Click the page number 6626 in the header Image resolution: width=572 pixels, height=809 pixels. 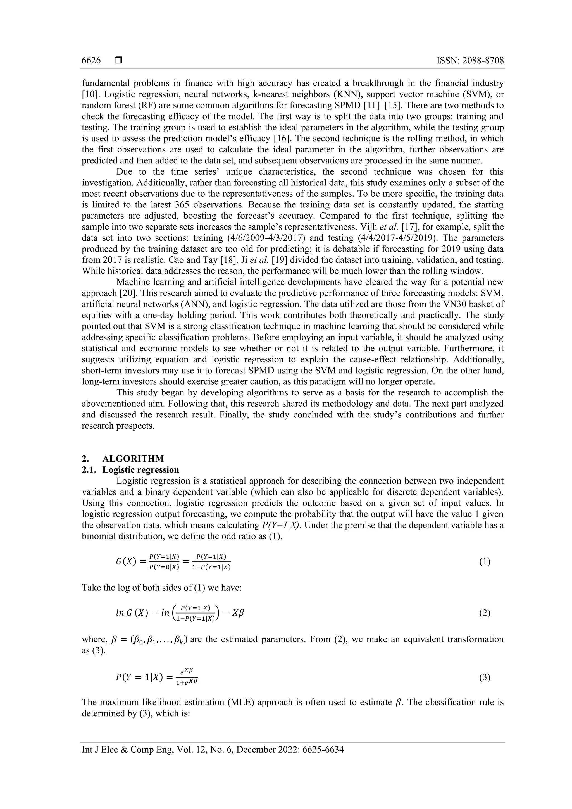(91, 61)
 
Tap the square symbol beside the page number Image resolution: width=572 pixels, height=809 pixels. (118, 61)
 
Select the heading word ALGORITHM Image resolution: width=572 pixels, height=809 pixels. (133, 459)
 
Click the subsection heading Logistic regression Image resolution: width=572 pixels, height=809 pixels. (140, 470)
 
